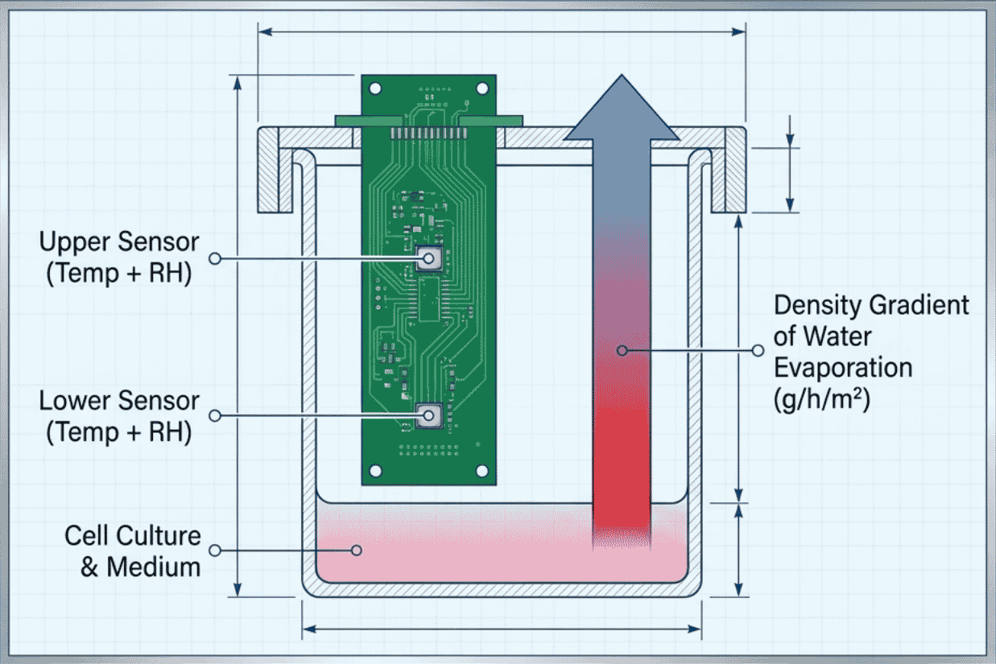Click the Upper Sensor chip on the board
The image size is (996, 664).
428,258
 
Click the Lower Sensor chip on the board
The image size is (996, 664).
428,415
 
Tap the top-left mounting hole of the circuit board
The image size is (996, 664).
375,89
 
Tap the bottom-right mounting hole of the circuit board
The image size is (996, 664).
482,471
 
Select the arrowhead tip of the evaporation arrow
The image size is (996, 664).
622,75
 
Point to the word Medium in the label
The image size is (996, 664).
154,567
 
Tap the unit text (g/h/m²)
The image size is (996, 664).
822,399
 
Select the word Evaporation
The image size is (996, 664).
843,368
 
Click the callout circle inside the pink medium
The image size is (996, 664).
356,551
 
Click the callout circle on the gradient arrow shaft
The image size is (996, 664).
622,351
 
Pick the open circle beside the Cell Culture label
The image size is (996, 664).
215,551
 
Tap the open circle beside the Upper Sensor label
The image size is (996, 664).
215,258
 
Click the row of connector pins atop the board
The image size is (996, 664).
428,134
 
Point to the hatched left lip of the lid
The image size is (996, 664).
269,169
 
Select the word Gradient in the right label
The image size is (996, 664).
919,305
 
